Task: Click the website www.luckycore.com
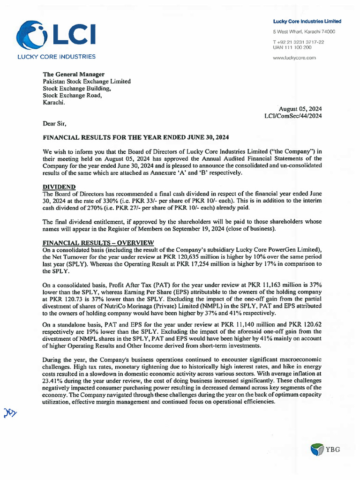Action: click(294, 58)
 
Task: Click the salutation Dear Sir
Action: click(55, 124)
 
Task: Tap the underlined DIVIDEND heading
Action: click(60, 187)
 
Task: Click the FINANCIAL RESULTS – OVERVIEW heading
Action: click(98, 242)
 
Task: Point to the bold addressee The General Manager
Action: click(74, 74)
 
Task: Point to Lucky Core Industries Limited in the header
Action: click(307, 22)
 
